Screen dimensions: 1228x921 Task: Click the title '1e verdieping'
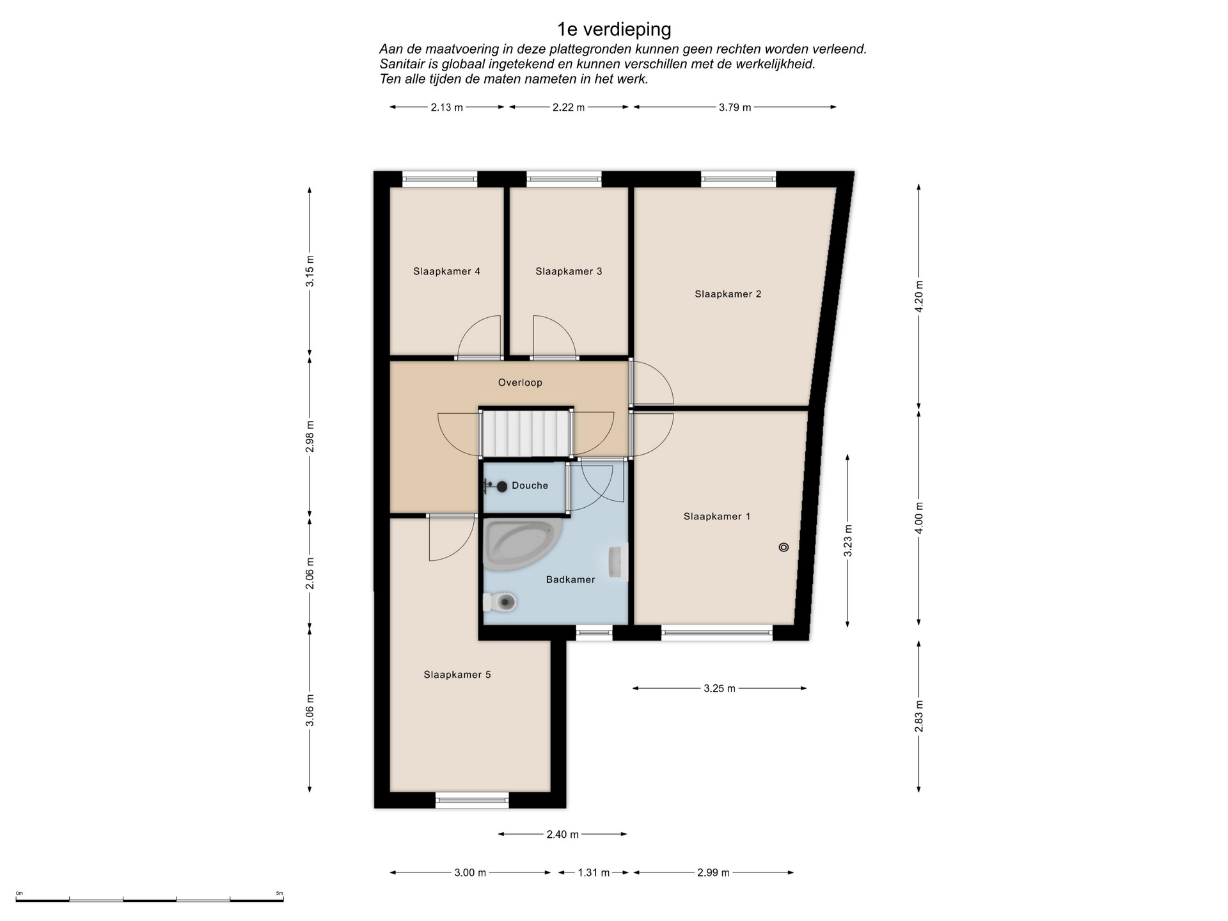(x=614, y=29)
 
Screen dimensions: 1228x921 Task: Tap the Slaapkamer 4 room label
(x=446, y=271)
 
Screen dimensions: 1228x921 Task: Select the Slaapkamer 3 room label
(x=569, y=271)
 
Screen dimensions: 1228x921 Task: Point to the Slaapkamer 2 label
(x=728, y=294)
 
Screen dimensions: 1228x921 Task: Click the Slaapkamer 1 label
(x=717, y=516)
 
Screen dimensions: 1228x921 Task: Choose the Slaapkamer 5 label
(x=457, y=675)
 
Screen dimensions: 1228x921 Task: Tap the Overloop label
(x=520, y=382)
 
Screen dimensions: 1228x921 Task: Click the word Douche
(x=530, y=485)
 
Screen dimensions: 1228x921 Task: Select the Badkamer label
(x=571, y=579)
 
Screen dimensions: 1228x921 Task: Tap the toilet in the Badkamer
(x=500, y=602)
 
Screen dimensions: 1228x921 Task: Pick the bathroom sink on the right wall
(x=618, y=562)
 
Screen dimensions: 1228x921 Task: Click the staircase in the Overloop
(x=526, y=433)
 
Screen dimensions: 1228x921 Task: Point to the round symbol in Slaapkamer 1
(x=783, y=547)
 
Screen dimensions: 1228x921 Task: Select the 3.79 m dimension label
(x=735, y=107)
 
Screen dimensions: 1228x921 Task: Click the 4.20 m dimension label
(x=919, y=297)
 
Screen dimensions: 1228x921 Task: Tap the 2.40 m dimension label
(x=563, y=834)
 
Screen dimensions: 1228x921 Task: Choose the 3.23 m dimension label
(x=848, y=540)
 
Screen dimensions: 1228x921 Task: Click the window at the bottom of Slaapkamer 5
(x=472, y=800)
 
